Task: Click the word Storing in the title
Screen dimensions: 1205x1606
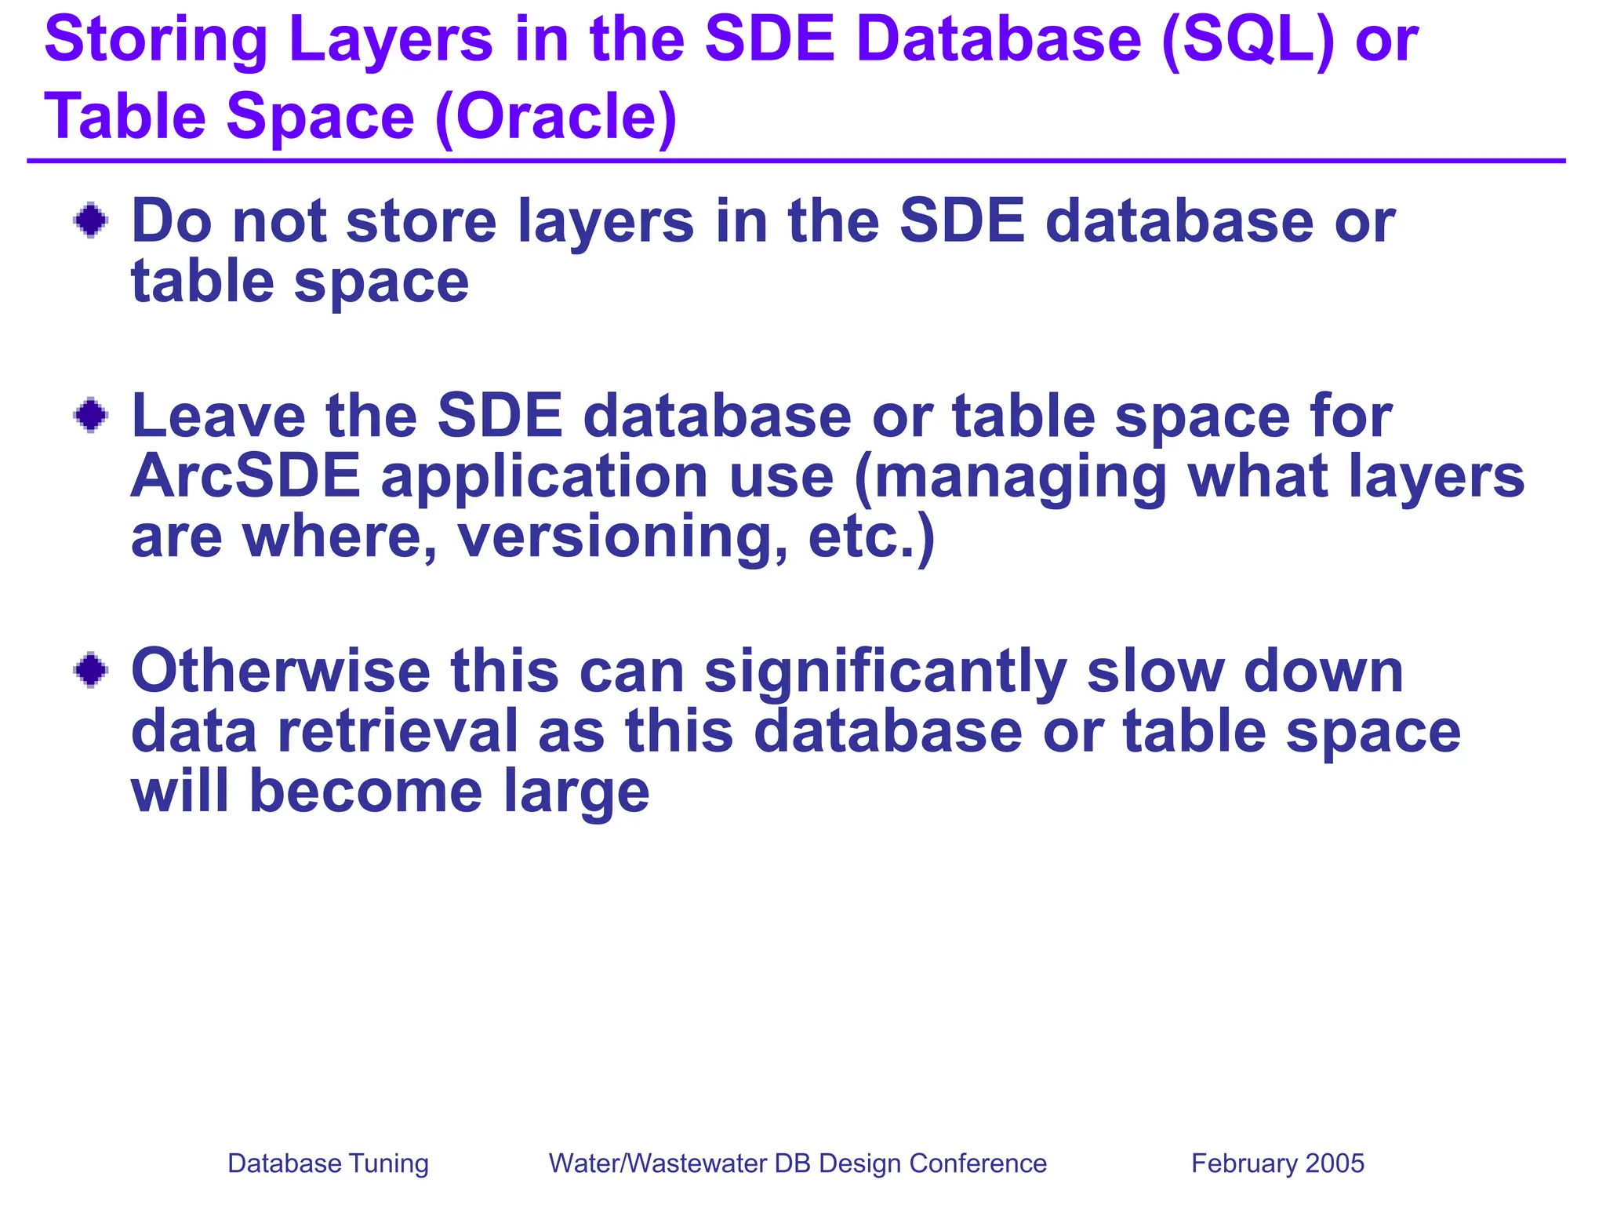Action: click(156, 41)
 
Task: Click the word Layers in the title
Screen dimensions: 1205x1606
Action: click(391, 41)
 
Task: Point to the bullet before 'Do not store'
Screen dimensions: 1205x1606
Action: click(91, 220)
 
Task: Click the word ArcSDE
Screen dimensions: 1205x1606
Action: click(245, 476)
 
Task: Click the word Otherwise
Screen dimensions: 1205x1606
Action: click(280, 672)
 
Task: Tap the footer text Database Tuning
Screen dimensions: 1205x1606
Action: click(328, 1163)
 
